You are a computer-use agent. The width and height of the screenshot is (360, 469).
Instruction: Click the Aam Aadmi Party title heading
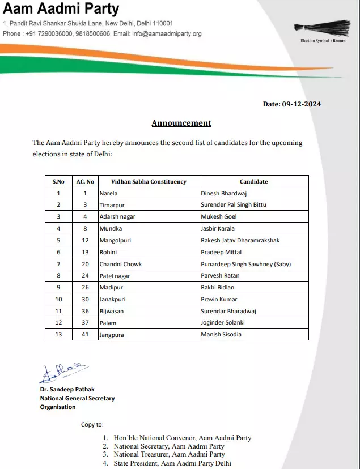(x=61, y=10)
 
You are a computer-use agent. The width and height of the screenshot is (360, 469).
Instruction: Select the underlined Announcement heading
(x=181, y=123)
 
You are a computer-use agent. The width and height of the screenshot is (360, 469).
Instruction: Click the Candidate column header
(x=253, y=181)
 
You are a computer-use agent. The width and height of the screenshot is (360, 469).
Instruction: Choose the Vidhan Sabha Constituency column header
(x=149, y=181)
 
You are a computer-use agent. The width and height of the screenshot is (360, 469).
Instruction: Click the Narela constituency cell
(x=109, y=193)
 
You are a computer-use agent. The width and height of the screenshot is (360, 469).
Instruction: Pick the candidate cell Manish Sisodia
(x=221, y=335)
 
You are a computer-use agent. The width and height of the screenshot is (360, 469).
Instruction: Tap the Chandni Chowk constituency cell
(x=121, y=264)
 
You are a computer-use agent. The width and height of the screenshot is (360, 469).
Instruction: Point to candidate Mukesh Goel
(x=219, y=217)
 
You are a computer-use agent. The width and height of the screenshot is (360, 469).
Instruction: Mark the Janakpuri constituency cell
(x=113, y=300)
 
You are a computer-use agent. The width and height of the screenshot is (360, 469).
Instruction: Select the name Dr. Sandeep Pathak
(x=67, y=390)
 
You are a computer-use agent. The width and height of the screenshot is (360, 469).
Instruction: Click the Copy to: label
(x=92, y=424)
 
